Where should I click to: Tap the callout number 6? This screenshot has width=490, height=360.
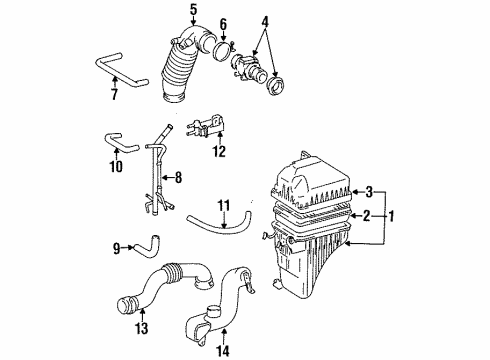(x=223, y=24)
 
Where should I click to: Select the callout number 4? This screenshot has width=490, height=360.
(x=264, y=21)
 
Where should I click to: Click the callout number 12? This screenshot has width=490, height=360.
(x=219, y=152)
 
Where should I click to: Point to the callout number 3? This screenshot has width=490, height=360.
(x=369, y=191)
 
